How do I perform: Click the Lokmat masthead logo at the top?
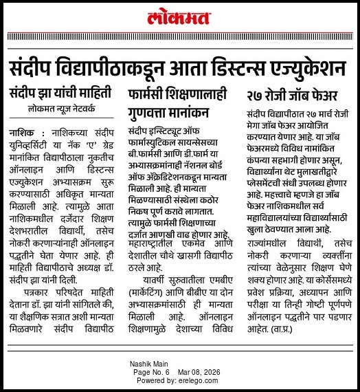(x=179, y=14)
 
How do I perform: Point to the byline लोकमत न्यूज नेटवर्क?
(x=65, y=109)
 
